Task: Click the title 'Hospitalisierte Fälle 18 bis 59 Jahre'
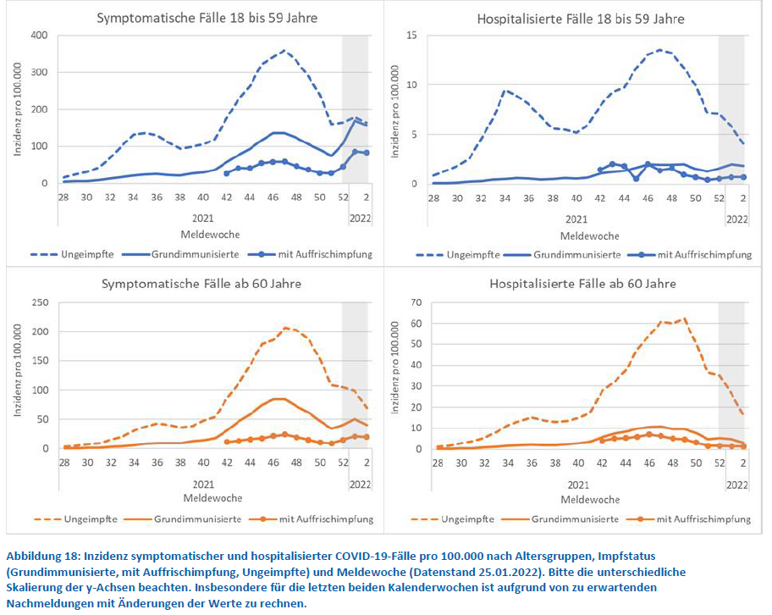[x=580, y=18]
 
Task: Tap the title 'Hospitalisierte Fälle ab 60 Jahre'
[x=580, y=285]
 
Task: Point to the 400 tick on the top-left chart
[x=39, y=35]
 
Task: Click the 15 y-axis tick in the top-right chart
[x=411, y=35]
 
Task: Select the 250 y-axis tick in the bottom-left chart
[x=39, y=302]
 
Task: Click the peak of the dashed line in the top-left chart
[x=284, y=51]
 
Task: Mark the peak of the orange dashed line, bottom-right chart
[x=683, y=319]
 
